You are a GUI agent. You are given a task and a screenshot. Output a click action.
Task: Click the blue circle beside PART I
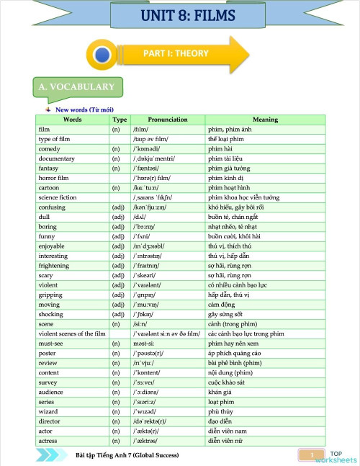103,54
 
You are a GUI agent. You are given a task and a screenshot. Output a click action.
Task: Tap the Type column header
120,120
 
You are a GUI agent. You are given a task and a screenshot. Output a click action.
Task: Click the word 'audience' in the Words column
50,392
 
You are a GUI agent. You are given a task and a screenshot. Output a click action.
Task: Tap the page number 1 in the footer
312,455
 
